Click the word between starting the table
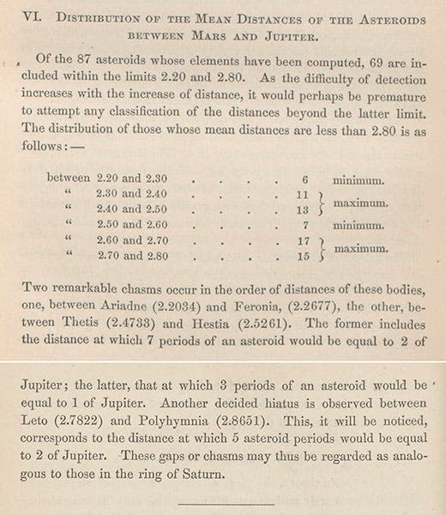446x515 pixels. click(x=67, y=179)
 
